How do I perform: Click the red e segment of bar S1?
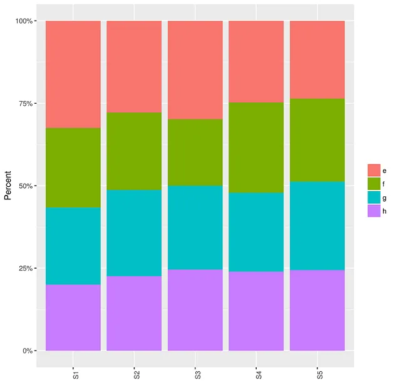click(73, 74)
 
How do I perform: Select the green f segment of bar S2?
click(134, 151)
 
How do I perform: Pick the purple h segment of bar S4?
click(256, 311)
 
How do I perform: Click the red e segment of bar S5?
click(317, 60)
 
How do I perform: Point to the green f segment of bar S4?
click(256, 147)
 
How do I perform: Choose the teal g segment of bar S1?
click(73, 246)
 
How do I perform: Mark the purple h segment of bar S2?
click(134, 313)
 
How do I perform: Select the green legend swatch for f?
click(374, 184)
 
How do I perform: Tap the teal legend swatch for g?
click(374, 197)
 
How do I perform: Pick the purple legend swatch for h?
click(374, 211)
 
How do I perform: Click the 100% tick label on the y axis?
click(24, 21)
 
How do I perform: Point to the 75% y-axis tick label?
click(26, 104)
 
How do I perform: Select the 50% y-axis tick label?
click(26, 186)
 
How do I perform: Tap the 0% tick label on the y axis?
click(28, 351)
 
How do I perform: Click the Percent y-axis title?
click(8, 186)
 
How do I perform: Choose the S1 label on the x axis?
click(74, 374)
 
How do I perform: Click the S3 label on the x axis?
click(196, 374)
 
